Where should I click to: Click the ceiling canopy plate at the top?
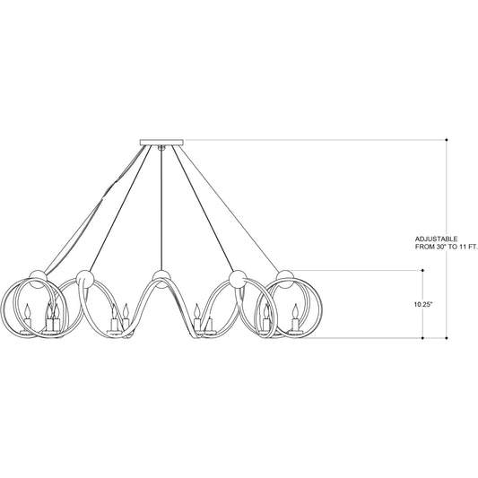tap(161, 143)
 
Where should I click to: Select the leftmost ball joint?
tap(38, 279)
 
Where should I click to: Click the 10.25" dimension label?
tap(423, 304)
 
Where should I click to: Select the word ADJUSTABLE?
tap(436, 239)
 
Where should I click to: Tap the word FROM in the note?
tap(425, 248)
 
